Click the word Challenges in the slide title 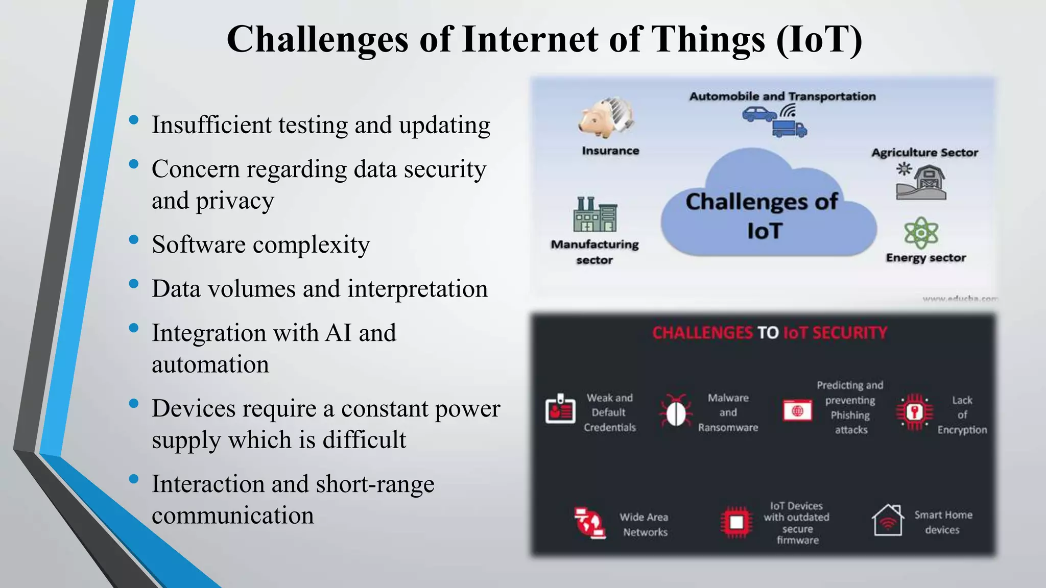(x=317, y=39)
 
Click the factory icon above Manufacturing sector (x=595, y=214)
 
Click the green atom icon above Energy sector (x=921, y=233)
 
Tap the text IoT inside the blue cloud (x=765, y=231)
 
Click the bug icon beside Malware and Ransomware (x=676, y=411)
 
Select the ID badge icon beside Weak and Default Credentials (x=560, y=410)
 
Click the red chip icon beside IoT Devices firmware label (x=736, y=522)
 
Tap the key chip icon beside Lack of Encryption (x=914, y=412)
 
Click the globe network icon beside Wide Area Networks (x=589, y=523)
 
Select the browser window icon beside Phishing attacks (x=797, y=410)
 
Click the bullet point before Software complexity (x=134, y=239)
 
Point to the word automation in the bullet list (x=210, y=364)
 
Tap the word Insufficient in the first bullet (x=210, y=125)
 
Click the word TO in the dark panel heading (x=768, y=333)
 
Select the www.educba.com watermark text (x=959, y=299)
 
